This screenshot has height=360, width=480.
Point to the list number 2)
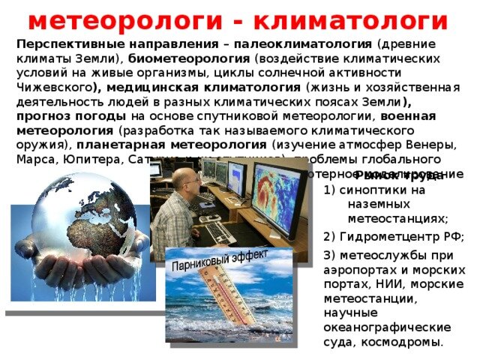pos(330,237)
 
